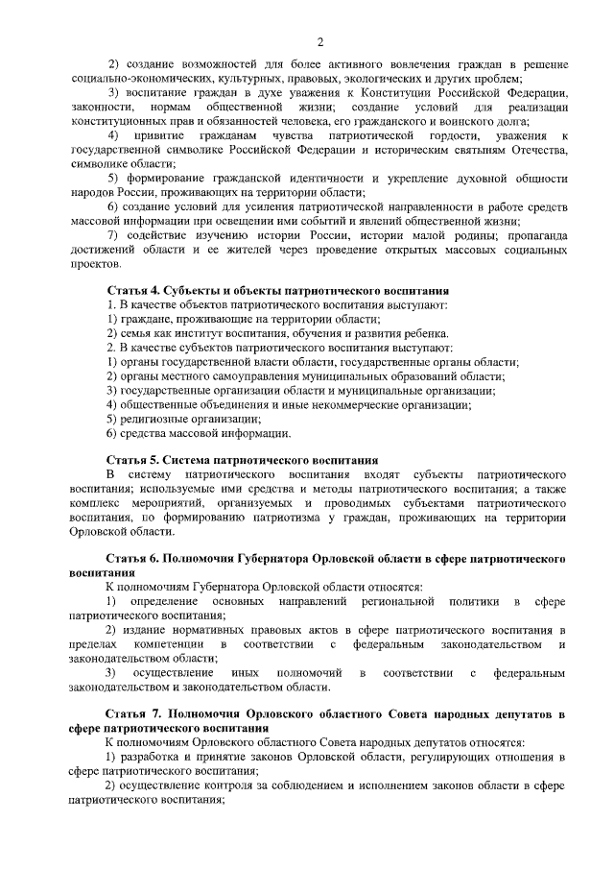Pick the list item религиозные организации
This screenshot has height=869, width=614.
[x=183, y=419]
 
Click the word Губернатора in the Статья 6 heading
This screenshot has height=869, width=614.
[x=284, y=558]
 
